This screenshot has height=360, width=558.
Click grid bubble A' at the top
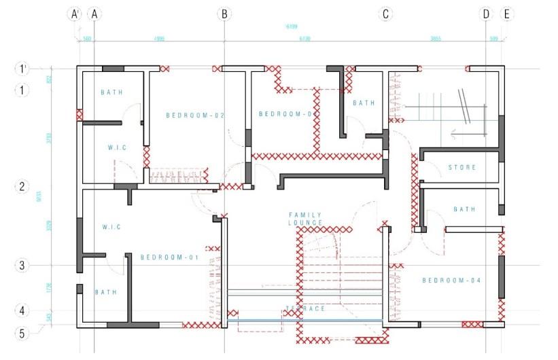[77, 14]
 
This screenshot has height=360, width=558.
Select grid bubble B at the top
[224, 14]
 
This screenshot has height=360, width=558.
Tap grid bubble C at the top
[386, 14]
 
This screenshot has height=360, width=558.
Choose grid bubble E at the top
[506, 14]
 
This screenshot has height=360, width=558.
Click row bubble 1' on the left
[22, 68]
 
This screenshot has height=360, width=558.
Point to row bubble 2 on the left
[22, 186]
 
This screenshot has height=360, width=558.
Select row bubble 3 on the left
[22, 265]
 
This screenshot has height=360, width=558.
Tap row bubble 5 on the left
[22, 333]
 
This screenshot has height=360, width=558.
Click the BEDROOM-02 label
[196, 116]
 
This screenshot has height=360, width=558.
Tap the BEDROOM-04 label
[451, 281]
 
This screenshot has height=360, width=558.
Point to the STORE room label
[462, 167]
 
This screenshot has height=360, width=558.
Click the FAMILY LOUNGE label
[305, 219]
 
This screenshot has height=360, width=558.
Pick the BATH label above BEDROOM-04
[465, 209]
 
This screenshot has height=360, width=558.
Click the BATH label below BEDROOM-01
[105, 292]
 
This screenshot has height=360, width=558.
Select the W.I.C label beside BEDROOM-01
[111, 227]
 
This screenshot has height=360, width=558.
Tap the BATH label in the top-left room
[111, 92]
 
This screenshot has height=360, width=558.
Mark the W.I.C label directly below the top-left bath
[117, 147]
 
